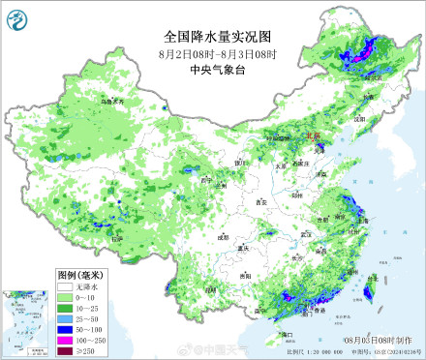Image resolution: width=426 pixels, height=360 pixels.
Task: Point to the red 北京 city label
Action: click(x=312, y=137)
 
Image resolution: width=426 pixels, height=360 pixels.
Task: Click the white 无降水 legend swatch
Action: click(x=63, y=287)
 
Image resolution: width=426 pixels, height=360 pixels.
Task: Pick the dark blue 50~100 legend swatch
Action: click(x=63, y=328)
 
